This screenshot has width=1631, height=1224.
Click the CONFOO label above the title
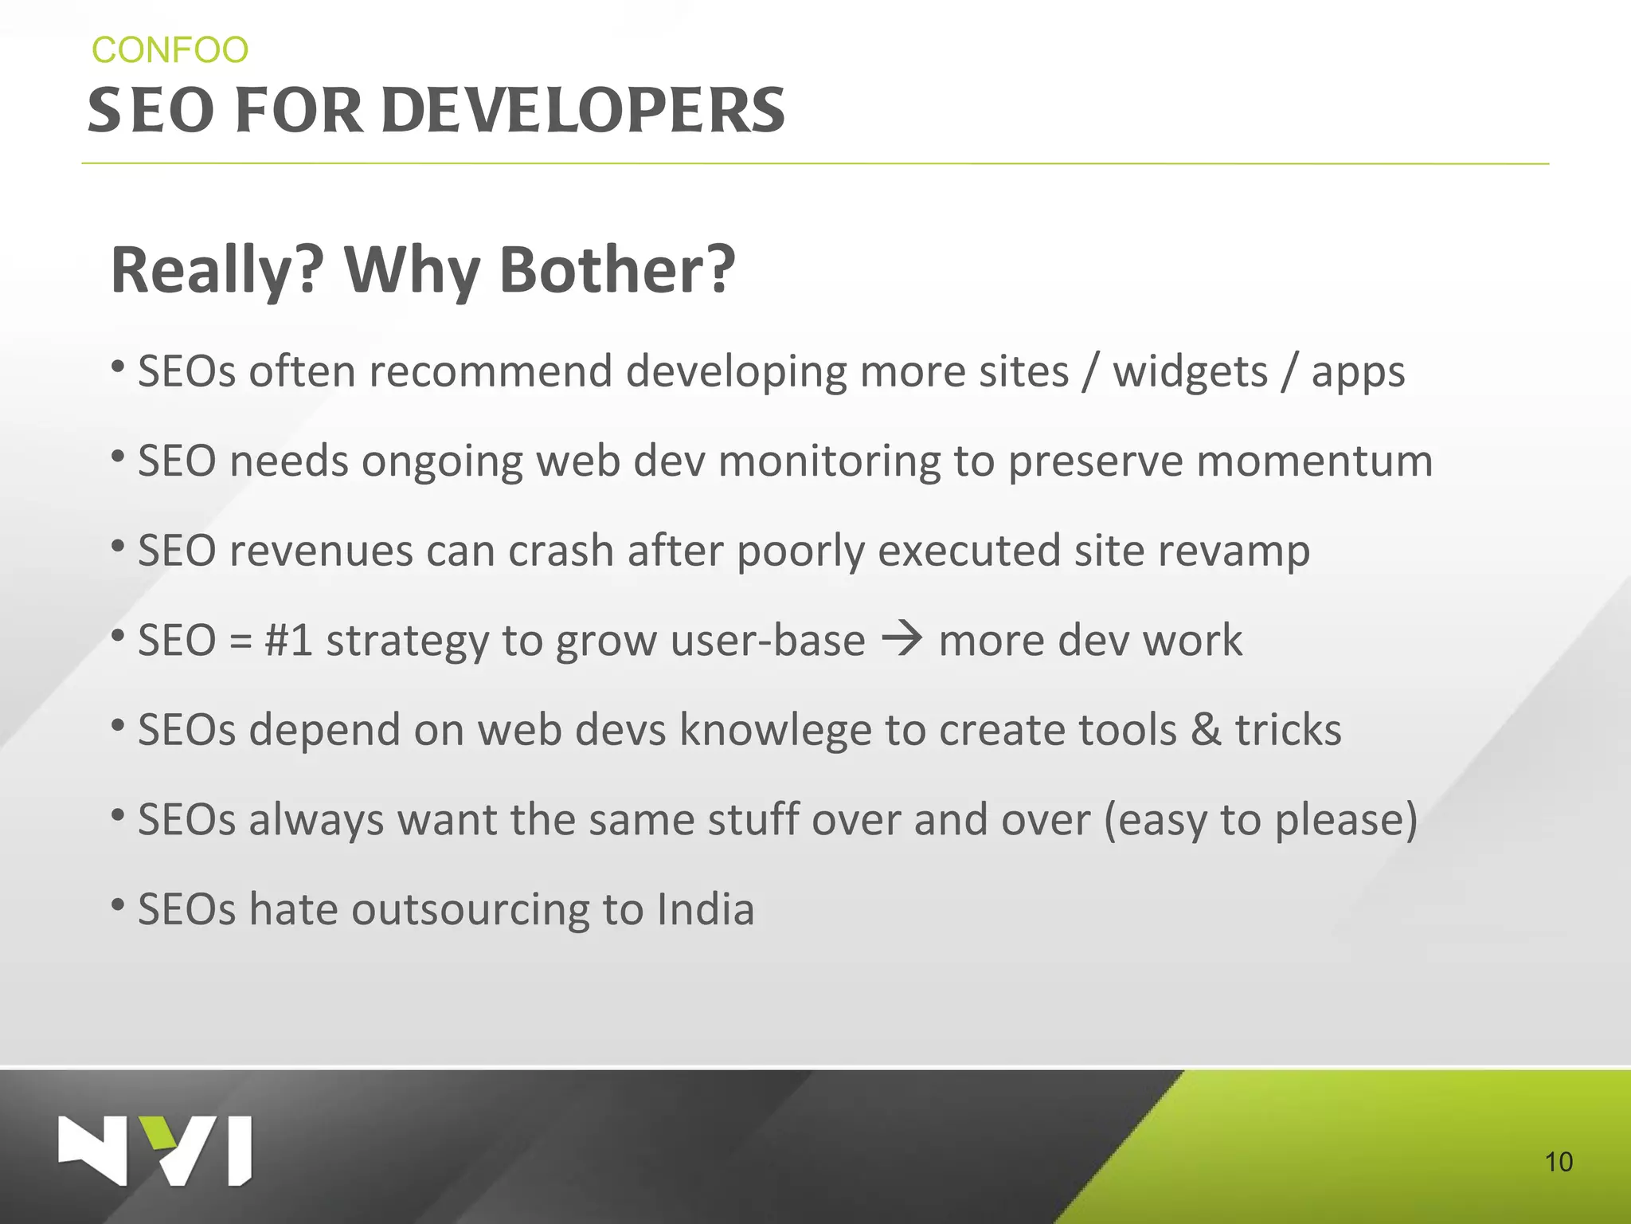170,50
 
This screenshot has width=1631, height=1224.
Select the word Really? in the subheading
217,270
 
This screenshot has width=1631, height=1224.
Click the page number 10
1559,1162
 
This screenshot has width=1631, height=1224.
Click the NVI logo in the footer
155,1151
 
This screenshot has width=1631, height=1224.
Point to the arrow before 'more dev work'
902,639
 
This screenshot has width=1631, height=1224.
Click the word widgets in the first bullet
1190,371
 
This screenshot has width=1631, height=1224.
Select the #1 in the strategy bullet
288,640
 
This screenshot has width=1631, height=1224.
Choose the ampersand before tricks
1206,730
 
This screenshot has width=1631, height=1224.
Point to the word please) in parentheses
1346,820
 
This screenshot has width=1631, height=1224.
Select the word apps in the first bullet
1358,373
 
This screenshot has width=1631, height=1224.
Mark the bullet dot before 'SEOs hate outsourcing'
118,904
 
